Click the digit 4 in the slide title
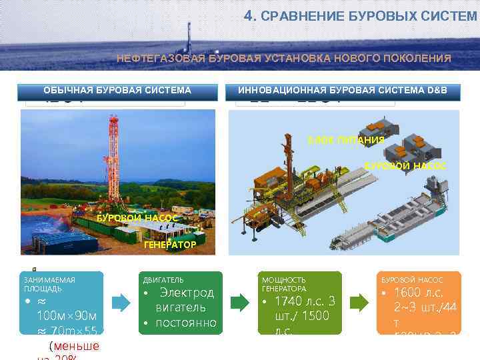[248, 15]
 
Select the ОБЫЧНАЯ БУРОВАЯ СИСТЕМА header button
[117, 90]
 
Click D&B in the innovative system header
[435, 90]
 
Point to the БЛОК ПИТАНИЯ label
[345, 140]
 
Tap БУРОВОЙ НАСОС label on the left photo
[137, 218]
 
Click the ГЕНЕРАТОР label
[170, 245]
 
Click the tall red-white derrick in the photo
[113, 160]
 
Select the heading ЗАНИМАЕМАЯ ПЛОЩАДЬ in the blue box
[50, 285]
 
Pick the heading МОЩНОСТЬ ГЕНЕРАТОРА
[284, 285]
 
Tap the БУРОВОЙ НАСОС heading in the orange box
[410, 280]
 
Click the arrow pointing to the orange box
[359, 301]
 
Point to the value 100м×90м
[67, 315]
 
